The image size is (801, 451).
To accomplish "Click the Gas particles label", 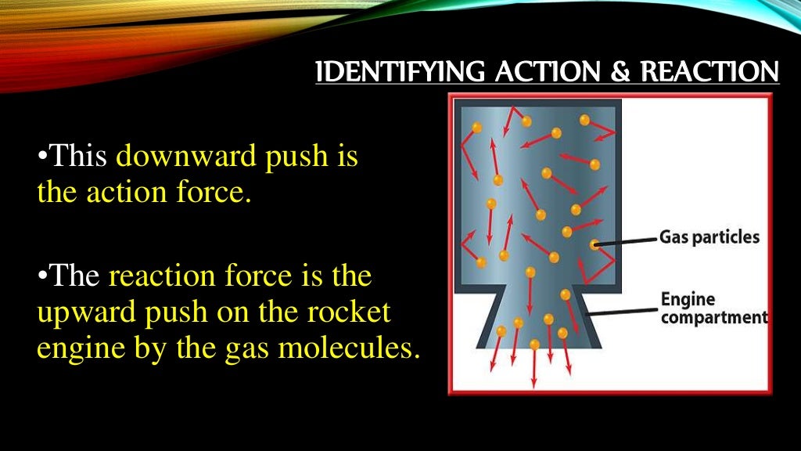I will point(709,236).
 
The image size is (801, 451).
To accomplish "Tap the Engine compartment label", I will point(713,309).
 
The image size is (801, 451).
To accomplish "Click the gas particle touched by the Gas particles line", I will point(595,245).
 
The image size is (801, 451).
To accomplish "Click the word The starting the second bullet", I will point(77,276).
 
